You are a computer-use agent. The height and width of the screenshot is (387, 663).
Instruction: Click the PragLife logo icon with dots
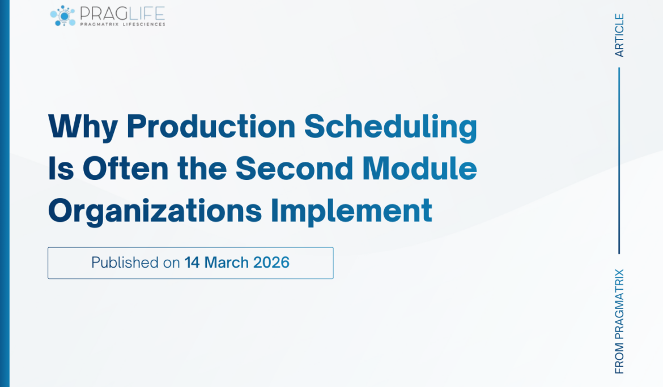click(x=62, y=15)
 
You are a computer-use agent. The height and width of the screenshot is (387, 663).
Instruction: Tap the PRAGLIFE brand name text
click(x=122, y=12)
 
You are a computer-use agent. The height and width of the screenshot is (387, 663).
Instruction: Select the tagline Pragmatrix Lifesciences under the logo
click(x=122, y=24)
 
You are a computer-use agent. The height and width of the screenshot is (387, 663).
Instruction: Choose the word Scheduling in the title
click(x=390, y=128)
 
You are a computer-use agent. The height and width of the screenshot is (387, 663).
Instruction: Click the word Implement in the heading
click(x=351, y=212)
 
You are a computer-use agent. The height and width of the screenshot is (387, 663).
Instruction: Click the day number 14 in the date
click(x=192, y=263)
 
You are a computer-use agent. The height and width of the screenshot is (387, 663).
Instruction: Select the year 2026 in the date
click(x=271, y=263)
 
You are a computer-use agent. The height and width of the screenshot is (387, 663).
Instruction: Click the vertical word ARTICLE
click(x=619, y=35)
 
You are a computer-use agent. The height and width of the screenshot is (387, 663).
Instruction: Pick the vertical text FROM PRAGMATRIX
click(x=619, y=321)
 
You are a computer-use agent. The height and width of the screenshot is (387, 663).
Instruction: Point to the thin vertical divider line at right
click(x=619, y=161)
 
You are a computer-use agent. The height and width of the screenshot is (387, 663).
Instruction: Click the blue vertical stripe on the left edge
click(x=5, y=193)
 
